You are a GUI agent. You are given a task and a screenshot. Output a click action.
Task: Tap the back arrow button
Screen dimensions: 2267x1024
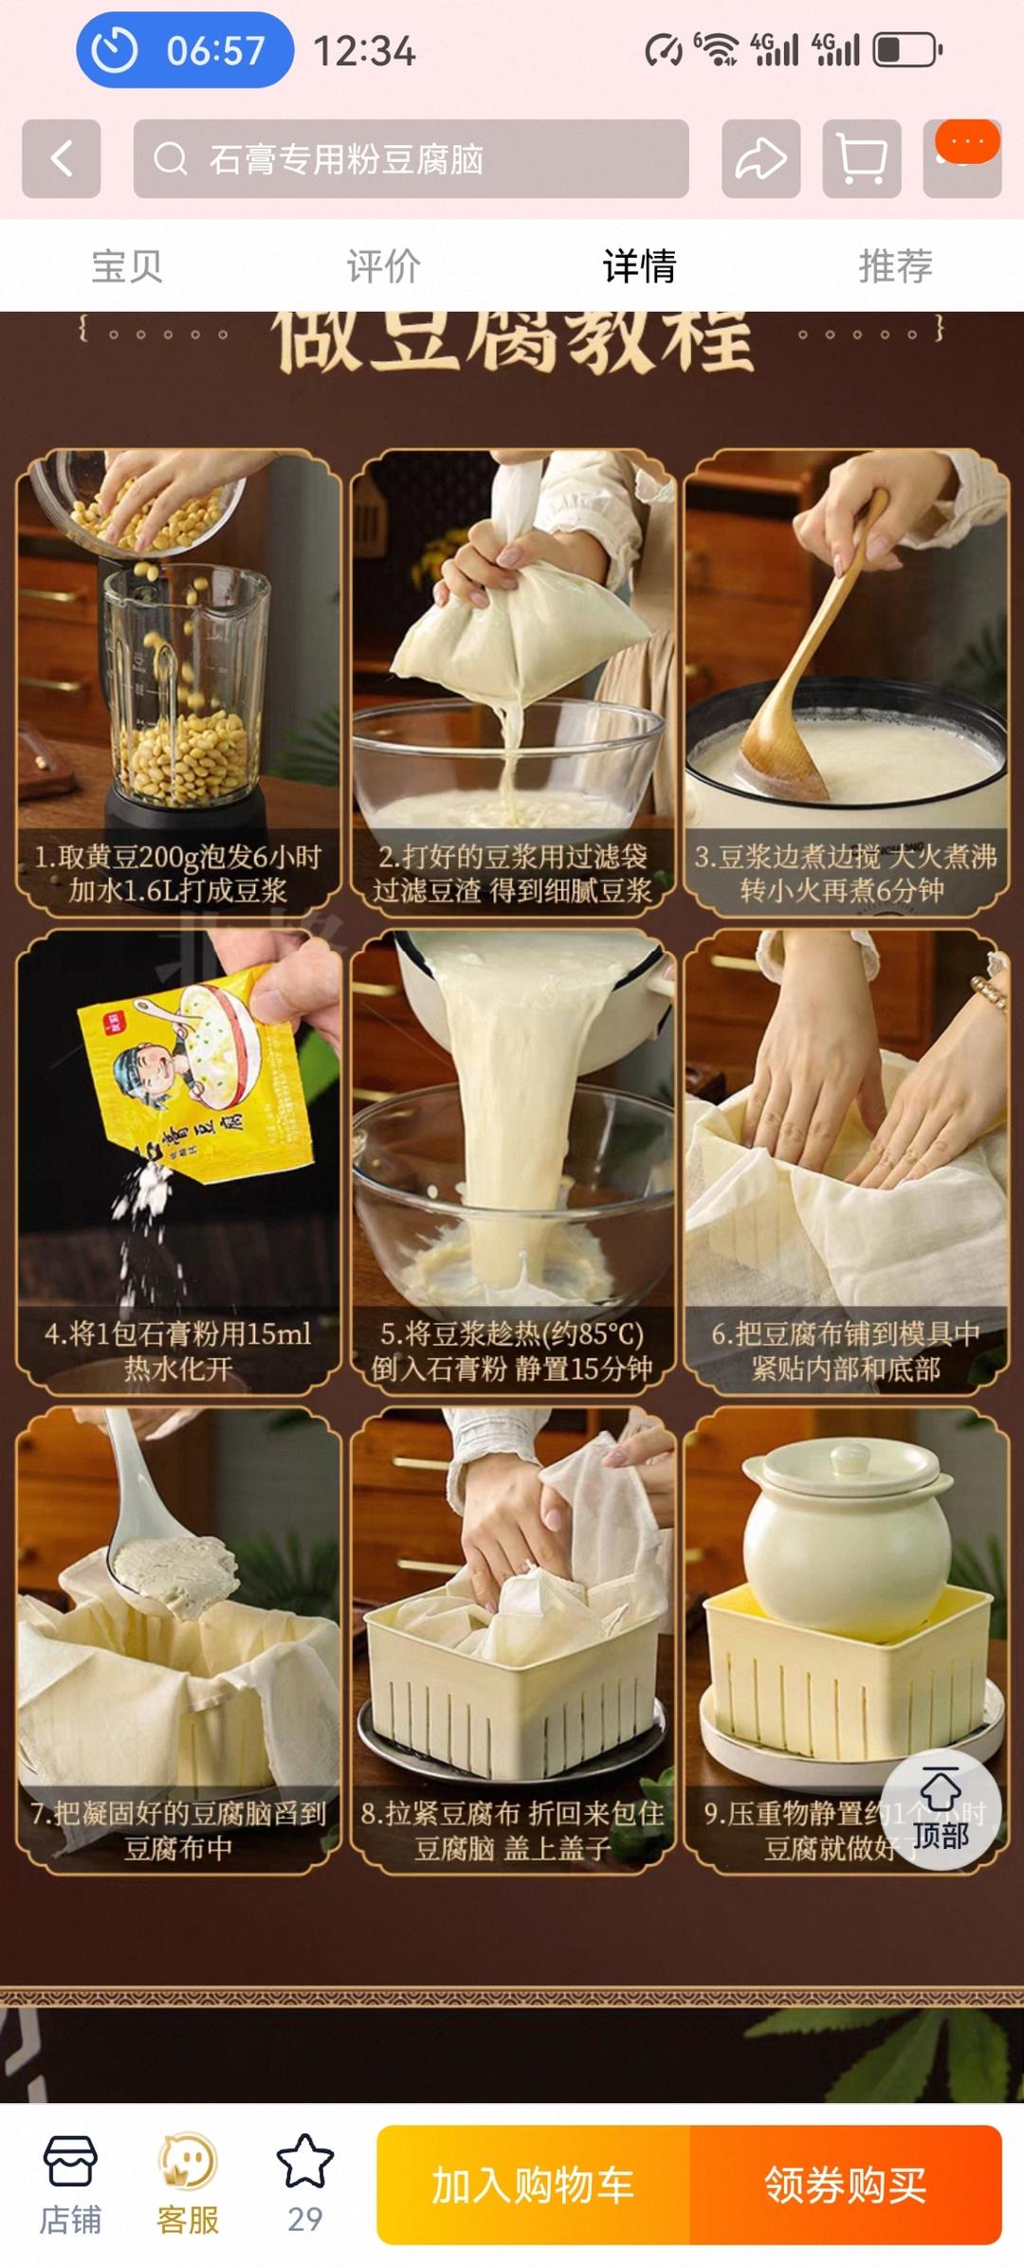coord(62,158)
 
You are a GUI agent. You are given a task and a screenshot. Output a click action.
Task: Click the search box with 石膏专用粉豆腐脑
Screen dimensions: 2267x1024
coord(411,158)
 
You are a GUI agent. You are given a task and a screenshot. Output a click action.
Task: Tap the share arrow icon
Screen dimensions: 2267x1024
coord(760,158)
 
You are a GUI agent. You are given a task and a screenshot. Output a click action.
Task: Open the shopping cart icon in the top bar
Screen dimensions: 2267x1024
coord(861,158)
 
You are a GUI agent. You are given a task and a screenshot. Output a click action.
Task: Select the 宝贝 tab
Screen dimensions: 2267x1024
coord(127,266)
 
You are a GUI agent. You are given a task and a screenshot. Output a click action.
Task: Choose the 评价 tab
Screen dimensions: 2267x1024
coord(383,266)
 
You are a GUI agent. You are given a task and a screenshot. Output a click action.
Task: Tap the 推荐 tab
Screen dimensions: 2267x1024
coord(895,266)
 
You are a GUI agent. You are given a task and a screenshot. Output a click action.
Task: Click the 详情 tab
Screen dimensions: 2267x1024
coord(639,266)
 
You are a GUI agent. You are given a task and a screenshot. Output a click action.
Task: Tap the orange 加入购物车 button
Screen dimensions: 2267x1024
coord(533,2185)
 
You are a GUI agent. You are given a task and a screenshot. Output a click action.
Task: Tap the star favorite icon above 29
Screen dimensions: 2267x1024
coord(304,2162)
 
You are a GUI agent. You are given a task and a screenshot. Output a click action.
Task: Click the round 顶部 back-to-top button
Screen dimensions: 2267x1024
coord(940,1810)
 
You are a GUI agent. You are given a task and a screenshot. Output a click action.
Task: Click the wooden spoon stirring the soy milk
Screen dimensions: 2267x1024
coord(806,682)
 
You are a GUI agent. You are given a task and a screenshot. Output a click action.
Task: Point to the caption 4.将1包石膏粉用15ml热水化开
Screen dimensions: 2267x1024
coord(178,1351)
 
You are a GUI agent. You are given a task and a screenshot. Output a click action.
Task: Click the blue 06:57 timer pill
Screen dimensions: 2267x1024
coord(185,50)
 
